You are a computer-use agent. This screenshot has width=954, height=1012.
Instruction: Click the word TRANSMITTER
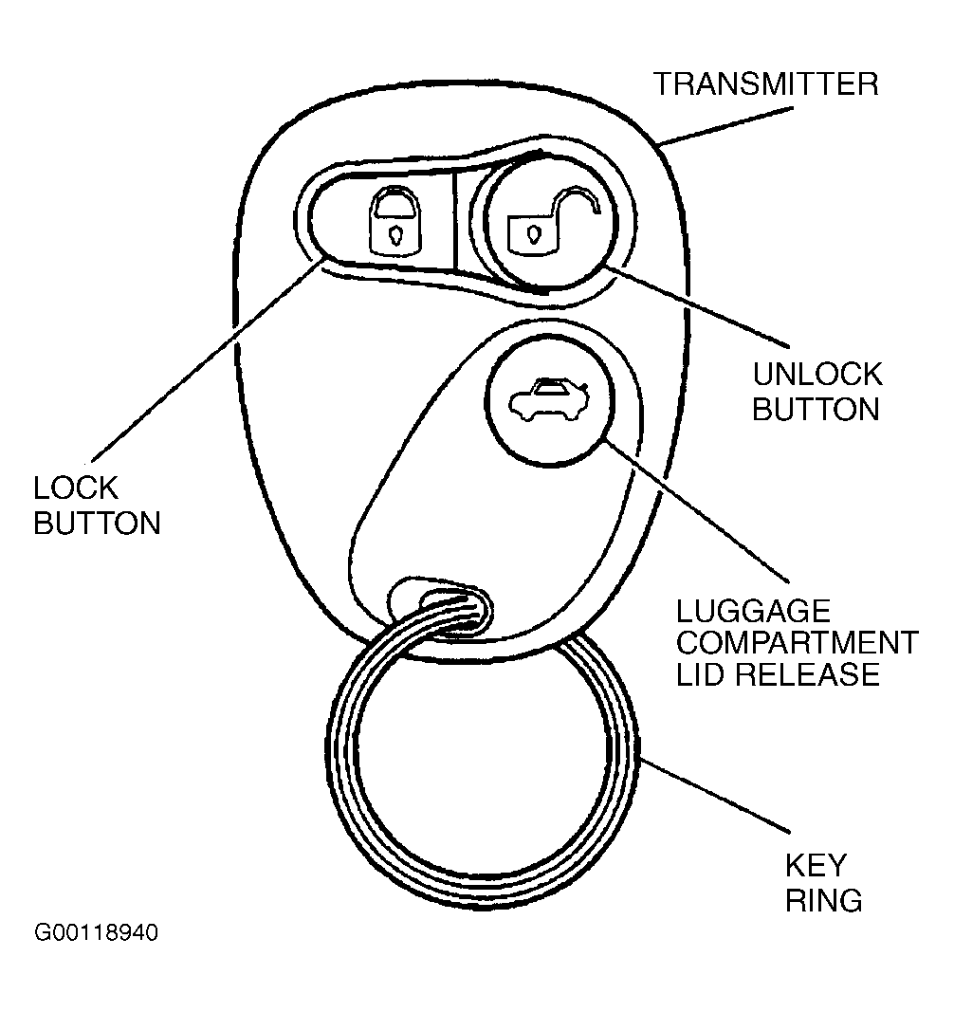(765, 83)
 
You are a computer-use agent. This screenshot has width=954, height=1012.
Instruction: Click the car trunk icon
(549, 399)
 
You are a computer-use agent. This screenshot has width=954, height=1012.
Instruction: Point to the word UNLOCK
(817, 375)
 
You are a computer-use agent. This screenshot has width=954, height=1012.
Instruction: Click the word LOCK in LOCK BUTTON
(76, 488)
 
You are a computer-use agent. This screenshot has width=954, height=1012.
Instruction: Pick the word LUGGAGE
(753, 611)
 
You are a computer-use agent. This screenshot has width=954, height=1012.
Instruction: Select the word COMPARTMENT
(798, 642)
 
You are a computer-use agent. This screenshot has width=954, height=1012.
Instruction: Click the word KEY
(816, 866)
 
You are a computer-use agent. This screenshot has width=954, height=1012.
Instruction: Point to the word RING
(824, 900)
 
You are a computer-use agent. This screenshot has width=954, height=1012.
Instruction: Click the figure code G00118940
(96, 932)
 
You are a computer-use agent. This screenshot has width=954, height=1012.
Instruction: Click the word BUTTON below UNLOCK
(816, 409)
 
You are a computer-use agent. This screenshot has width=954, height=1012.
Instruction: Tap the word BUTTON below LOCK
(97, 523)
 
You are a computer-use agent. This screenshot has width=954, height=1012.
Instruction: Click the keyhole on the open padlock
(533, 233)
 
